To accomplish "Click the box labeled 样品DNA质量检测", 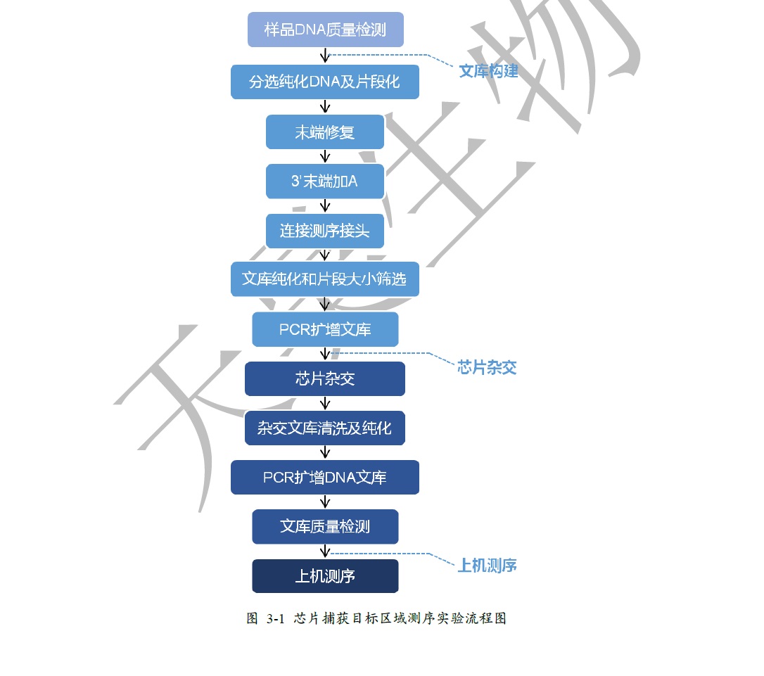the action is [326, 30].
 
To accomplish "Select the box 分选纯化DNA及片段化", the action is [325, 82].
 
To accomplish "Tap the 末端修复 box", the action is [325, 132].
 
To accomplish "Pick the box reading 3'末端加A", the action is [325, 181].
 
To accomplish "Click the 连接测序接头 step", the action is [325, 231].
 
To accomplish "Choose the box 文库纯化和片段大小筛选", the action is [325, 279].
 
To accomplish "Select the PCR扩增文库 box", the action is [325, 330].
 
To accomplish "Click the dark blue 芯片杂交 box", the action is [325, 379].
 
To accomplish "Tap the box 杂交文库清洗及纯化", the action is [325, 428].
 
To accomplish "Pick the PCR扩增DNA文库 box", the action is [325, 478].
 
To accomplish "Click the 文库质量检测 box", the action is [325, 526].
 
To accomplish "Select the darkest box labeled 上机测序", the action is [325, 576].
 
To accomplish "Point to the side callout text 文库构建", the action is [488, 72].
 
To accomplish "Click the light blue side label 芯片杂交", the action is [487, 367].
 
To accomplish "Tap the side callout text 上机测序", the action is [487, 566].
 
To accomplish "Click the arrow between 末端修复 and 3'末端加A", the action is [325, 156].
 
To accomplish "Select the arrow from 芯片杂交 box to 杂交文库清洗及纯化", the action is [325, 403].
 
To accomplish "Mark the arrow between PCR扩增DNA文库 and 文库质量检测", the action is [325, 502].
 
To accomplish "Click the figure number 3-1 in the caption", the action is [275, 619].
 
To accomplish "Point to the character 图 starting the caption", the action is [253, 618].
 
